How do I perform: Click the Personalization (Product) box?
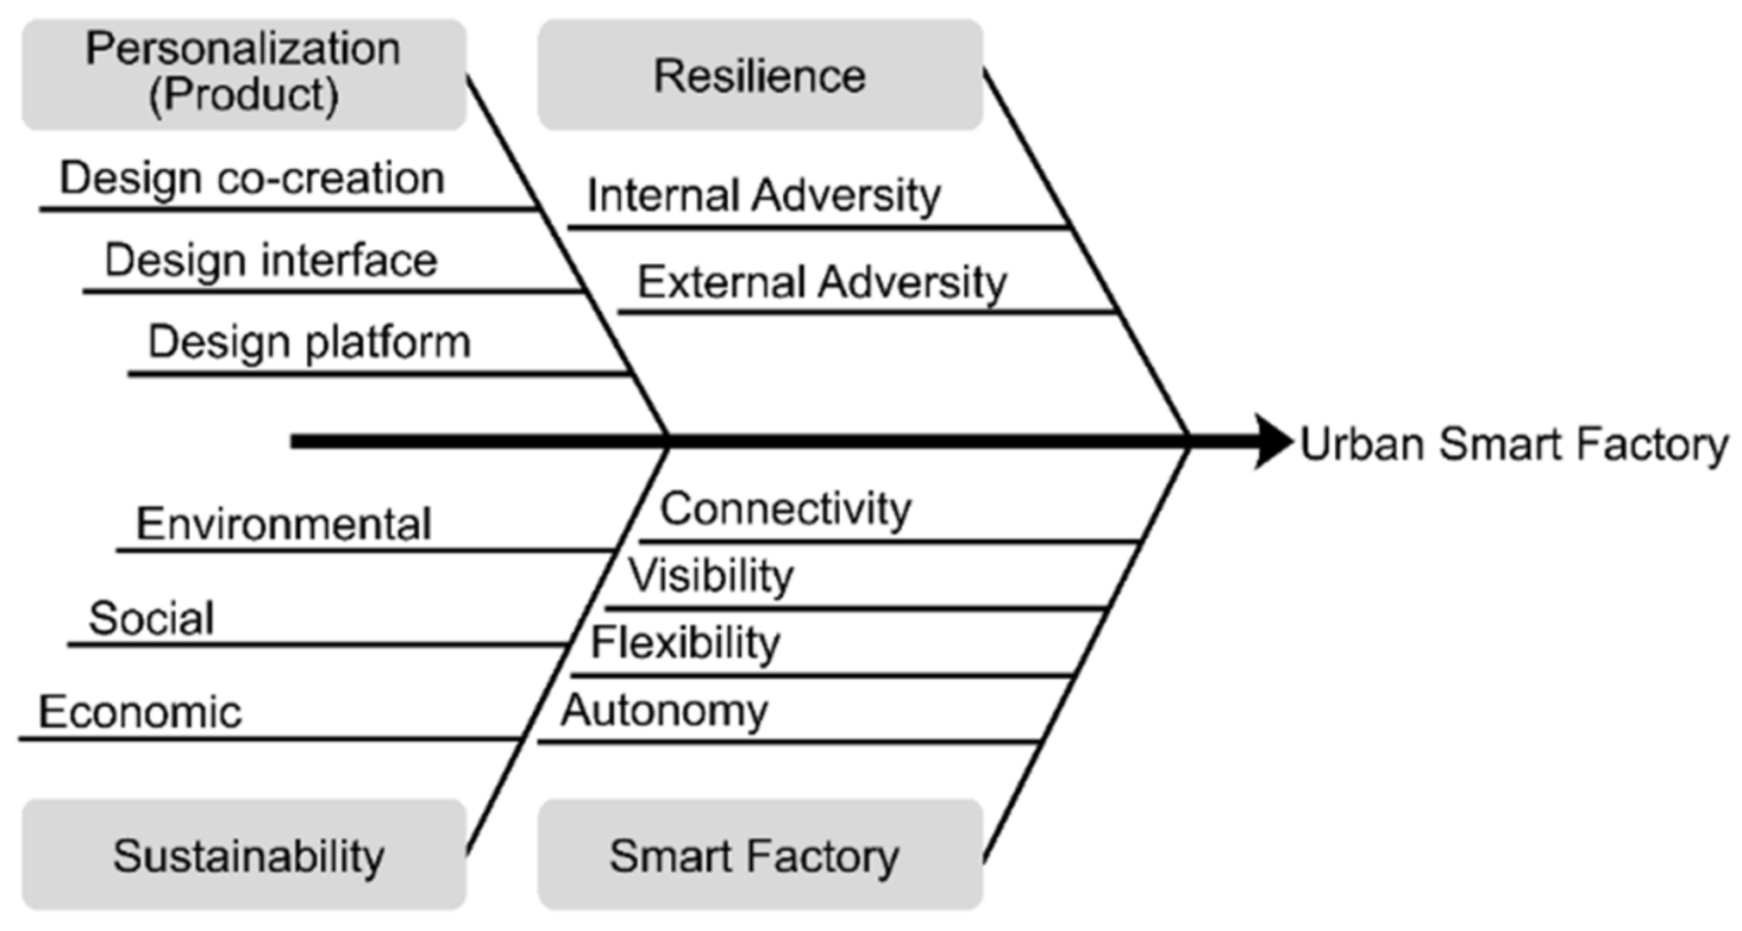244,74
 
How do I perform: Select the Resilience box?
760,75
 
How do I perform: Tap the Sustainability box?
244,854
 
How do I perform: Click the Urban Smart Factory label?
1513,444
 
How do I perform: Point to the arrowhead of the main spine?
1272,441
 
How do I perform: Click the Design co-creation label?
252,178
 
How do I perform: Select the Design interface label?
271,260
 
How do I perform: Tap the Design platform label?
310,342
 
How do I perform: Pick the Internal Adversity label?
763,195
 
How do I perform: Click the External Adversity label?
822,282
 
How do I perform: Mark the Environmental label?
284,524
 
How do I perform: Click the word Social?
151,618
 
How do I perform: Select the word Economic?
140,712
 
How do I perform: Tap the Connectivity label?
785,509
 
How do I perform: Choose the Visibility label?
711,575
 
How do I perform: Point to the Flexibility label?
686,642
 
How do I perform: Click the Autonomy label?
664,710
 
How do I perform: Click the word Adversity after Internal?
845,195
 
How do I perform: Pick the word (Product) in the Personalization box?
244,96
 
